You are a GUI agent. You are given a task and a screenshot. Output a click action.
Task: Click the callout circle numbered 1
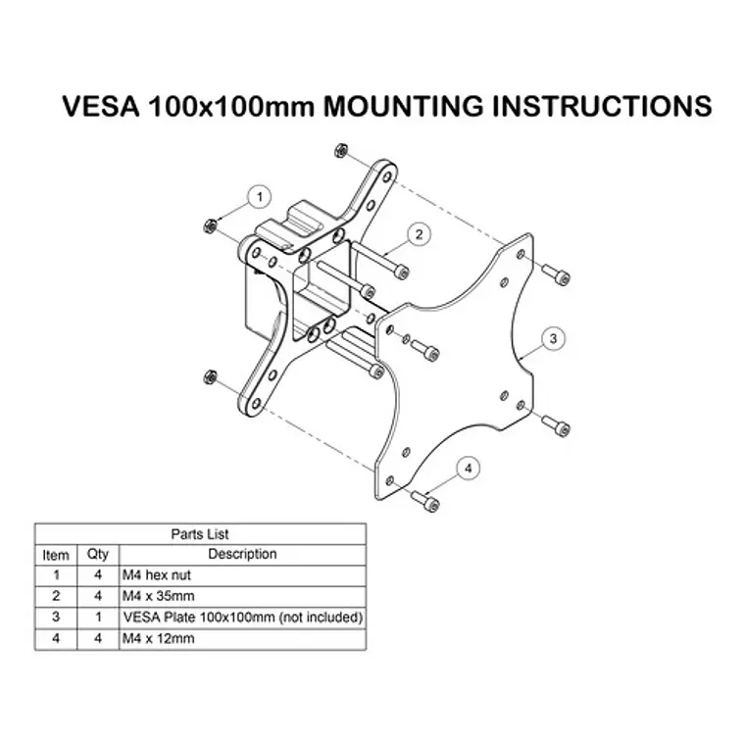260,197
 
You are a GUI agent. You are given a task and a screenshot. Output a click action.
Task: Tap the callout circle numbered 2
419,234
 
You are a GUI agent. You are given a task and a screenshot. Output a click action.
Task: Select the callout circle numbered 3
553,339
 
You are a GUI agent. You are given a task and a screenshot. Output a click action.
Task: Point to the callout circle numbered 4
469,468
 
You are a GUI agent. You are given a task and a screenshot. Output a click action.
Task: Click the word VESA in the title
101,106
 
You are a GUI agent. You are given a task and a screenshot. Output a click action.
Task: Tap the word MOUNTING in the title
403,106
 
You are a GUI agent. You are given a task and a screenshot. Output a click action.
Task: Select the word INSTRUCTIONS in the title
602,106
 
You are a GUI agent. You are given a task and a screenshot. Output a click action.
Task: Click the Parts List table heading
200,534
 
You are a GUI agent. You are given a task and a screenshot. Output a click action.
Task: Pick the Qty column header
98,554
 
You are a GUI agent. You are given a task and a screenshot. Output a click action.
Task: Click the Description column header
242,554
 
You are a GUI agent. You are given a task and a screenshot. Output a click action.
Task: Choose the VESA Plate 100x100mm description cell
243,618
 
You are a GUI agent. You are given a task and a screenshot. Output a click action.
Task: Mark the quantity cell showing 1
98,618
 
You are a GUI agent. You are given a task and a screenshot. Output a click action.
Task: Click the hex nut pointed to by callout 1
209,226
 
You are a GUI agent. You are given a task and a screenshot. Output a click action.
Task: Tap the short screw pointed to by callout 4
424,501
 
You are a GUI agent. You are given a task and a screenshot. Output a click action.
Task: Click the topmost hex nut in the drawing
341,150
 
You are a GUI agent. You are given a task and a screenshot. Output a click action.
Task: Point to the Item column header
56,555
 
